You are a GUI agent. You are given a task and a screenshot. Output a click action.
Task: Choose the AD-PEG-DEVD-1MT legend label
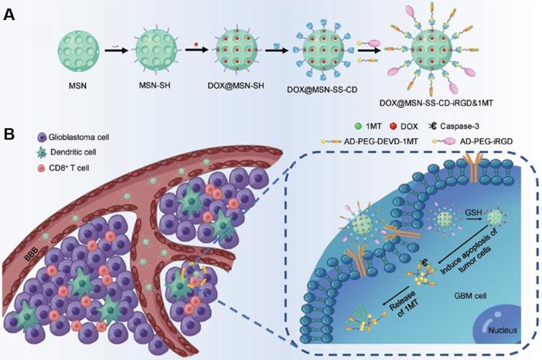pos(384,143)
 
